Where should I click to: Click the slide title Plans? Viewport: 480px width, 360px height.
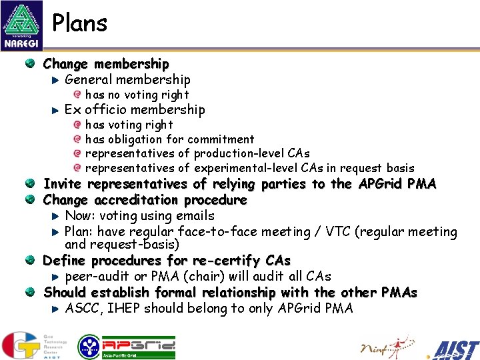(79, 23)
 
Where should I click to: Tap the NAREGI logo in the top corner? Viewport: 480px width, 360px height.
(21, 25)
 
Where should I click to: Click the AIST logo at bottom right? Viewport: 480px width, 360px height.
(455, 349)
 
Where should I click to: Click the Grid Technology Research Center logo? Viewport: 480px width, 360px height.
(30, 345)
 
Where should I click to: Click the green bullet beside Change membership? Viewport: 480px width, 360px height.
(31, 64)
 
